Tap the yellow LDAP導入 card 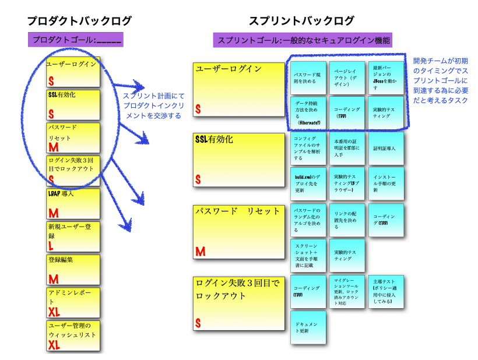pos(73,203)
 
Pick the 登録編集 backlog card pos(73,269)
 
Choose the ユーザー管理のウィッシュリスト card pos(73,336)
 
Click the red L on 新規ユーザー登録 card pos(51,247)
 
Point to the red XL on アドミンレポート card pos(54,312)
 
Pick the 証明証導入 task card pos(386,149)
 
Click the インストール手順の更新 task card pos(386,183)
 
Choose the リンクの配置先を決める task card pos(347,219)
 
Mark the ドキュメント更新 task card pos(308,327)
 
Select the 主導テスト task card pos(386,292)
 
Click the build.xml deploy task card pos(308,183)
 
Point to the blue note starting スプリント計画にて pos(153,106)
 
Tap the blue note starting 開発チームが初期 pos(441,80)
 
